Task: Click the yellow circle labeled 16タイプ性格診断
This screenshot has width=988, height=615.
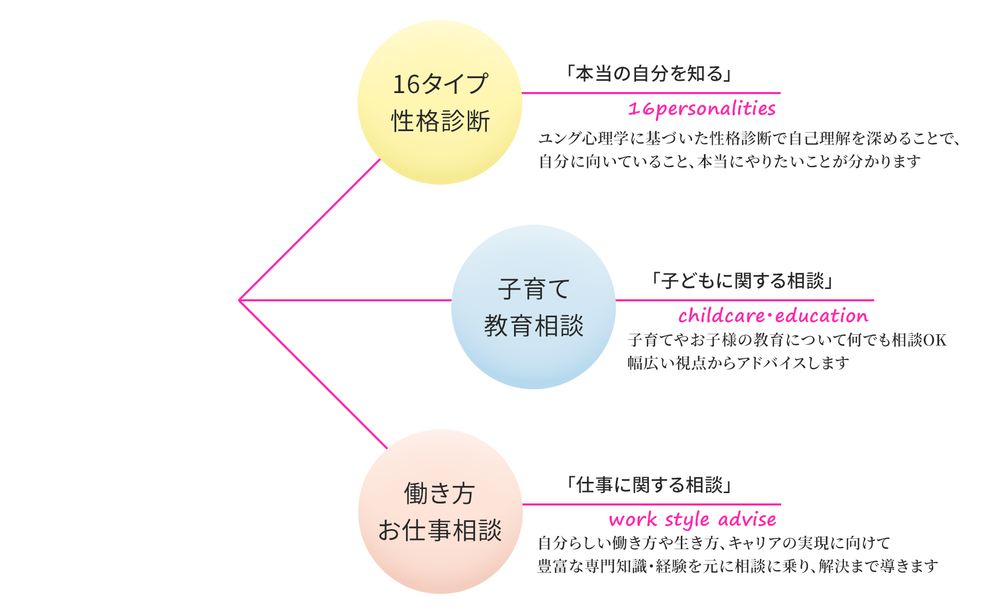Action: pyautogui.click(x=440, y=102)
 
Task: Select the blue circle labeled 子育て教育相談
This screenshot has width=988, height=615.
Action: pyautogui.click(x=533, y=307)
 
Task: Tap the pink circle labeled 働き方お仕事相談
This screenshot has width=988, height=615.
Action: pyautogui.click(x=440, y=512)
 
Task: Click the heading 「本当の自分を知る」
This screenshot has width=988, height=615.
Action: pyautogui.click(x=649, y=74)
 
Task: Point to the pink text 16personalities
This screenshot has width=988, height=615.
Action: pyautogui.click(x=701, y=108)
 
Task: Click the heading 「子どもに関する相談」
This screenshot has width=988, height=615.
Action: pyautogui.click(x=743, y=281)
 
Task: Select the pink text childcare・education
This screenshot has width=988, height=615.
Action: pyautogui.click(x=773, y=316)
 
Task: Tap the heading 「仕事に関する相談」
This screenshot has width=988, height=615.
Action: pyautogui.click(x=649, y=485)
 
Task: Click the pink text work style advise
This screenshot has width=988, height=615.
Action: pyautogui.click(x=692, y=519)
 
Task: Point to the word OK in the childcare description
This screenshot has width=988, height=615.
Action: pyautogui.click(x=935, y=340)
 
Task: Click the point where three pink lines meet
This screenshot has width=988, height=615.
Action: pyautogui.click(x=240, y=300)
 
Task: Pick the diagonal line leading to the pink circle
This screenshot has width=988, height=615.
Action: pyautogui.click(x=313, y=374)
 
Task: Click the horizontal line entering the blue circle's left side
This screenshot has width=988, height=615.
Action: pyautogui.click(x=345, y=300)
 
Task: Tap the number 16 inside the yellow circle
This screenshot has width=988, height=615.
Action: pyautogui.click(x=406, y=84)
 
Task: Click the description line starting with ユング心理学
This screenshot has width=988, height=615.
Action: pyautogui.click(x=749, y=138)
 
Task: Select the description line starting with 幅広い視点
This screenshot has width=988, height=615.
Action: pyautogui.click(x=738, y=363)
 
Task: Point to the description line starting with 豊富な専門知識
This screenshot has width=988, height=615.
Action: pyautogui.click(x=738, y=566)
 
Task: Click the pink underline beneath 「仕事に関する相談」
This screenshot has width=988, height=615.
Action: pyautogui.click(x=651, y=504)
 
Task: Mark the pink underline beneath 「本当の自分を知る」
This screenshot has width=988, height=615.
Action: pyautogui.click(x=651, y=93)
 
